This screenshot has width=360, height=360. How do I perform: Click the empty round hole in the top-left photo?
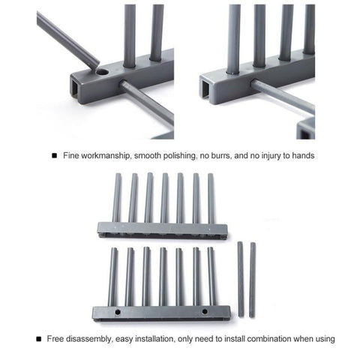pos(103,73)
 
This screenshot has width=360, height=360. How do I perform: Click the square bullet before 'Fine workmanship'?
pos(54,156)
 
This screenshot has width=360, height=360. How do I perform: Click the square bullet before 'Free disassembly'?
pos(38,339)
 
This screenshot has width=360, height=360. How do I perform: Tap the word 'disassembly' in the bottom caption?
pos(89,339)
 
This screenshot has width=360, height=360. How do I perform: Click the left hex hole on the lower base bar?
pos(118,312)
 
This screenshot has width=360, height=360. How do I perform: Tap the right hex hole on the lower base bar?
pos(205,311)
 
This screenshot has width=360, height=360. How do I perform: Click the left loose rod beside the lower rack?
pos(241,279)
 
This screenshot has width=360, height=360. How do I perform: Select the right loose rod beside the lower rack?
pos(253,280)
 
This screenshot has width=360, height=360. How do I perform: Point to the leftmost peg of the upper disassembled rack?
pos(117,198)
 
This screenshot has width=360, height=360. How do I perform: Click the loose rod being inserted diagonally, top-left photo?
pos(67,40)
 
